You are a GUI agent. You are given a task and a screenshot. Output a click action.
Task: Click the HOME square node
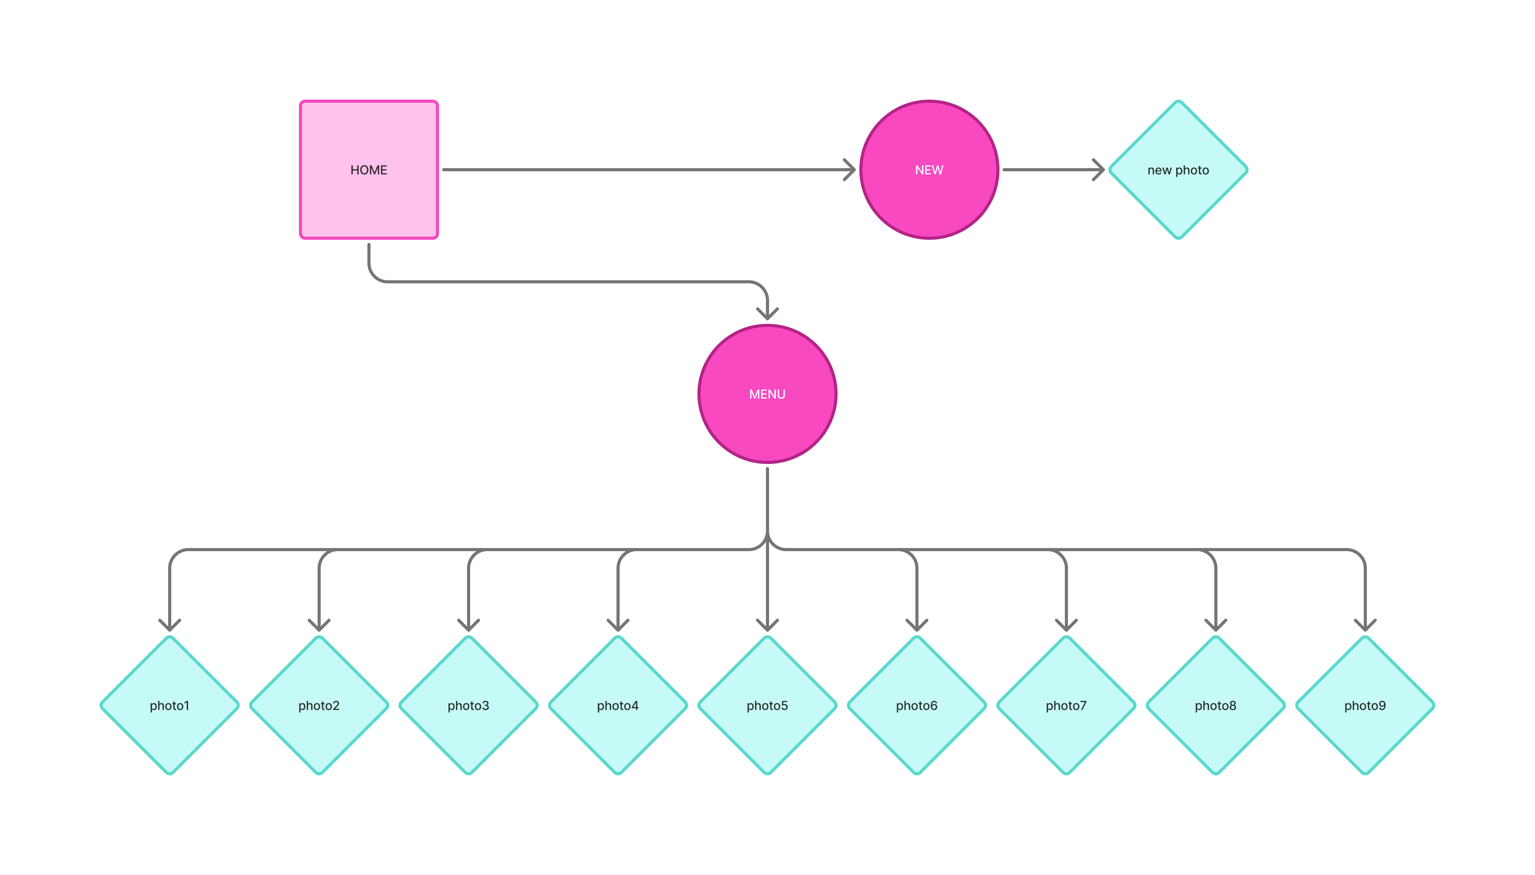[369, 169]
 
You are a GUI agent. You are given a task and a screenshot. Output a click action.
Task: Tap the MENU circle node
[767, 394]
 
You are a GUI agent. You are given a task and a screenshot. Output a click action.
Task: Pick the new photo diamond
[1178, 169]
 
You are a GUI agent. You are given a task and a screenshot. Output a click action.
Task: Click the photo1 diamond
[169, 706]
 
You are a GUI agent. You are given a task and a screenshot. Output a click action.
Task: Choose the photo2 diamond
[319, 706]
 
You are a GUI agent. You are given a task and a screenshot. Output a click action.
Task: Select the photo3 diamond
[469, 706]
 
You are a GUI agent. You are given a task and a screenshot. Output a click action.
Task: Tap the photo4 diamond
[618, 706]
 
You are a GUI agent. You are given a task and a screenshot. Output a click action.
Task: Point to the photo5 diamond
[767, 706]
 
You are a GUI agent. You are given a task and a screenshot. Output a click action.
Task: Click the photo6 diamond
[917, 706]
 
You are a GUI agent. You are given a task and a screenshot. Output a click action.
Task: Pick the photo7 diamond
[1066, 706]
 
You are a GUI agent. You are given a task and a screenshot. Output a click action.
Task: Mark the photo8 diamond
[1215, 706]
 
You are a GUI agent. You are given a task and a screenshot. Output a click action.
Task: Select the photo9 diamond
[1365, 706]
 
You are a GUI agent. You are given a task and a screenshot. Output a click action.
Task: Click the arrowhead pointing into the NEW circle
[850, 169]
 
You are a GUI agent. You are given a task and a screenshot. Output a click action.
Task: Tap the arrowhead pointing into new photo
[1099, 169]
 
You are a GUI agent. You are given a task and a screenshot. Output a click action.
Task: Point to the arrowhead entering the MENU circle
[767, 314]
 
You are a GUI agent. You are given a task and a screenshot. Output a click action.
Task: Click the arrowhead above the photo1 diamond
[169, 625]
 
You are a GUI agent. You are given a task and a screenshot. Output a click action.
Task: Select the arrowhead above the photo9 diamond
[1365, 625]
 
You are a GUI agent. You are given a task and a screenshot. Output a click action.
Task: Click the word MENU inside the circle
[767, 394]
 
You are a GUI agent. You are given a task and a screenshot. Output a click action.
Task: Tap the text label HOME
[369, 170]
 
